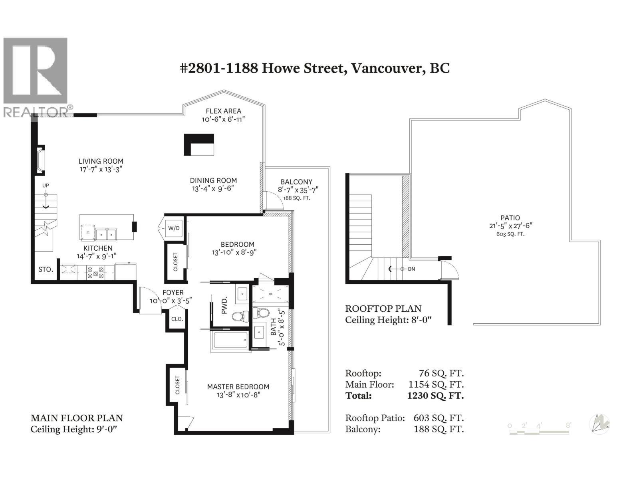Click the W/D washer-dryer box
(x=174, y=229)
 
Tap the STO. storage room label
(x=46, y=269)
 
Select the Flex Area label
(x=223, y=111)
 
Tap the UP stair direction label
(x=46, y=186)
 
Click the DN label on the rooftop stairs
(x=411, y=269)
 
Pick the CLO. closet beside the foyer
(x=177, y=319)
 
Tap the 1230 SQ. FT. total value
(x=435, y=396)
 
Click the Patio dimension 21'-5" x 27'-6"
(x=510, y=226)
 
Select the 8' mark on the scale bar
(x=568, y=426)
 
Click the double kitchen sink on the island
(x=106, y=234)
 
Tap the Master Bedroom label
(x=238, y=386)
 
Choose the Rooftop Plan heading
(x=383, y=309)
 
